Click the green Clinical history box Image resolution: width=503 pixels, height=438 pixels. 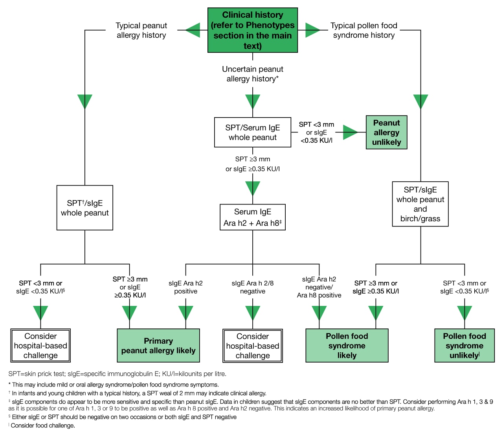253,30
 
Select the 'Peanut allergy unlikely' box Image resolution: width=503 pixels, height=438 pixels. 386,133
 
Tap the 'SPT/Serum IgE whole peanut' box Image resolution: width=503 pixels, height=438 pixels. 253,133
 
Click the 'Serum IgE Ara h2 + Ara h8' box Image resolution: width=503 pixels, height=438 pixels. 253,217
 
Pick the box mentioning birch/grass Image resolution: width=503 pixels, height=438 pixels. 420,204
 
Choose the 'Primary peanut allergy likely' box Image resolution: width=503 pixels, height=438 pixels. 158,346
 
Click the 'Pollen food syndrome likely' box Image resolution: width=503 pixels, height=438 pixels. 347,346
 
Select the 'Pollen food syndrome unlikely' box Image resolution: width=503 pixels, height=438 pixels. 464,346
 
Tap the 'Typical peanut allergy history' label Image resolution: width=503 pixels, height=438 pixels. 141,30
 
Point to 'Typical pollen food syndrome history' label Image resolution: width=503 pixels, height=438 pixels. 363,30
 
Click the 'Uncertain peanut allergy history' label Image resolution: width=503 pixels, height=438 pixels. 253,74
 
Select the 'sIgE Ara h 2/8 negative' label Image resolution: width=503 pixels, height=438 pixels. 253,287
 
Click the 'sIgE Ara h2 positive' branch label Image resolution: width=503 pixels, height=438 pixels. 185,287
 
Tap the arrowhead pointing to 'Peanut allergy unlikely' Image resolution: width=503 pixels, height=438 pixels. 350,133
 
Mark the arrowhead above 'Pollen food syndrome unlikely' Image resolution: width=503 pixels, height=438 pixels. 464,313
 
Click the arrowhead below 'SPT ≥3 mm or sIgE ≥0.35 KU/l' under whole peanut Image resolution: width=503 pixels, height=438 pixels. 253,188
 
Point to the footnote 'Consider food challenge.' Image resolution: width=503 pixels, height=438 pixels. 43,425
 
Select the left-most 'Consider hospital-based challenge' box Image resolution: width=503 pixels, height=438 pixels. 40,346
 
